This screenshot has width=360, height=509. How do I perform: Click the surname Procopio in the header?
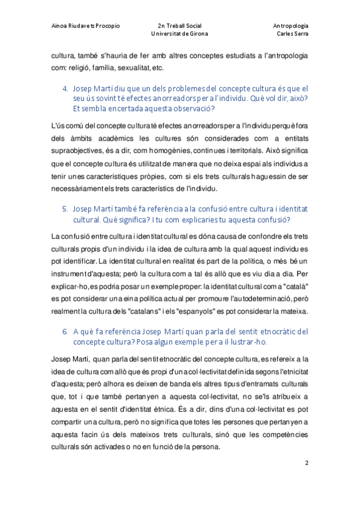pos(106,26)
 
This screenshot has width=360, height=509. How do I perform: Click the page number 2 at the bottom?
pos(307,463)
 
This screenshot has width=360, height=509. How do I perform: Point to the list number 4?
pos(65,88)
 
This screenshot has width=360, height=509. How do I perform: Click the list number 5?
pos(65,209)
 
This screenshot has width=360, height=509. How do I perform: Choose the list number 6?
pos(65,331)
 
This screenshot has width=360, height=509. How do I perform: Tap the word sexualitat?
pos(134,67)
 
